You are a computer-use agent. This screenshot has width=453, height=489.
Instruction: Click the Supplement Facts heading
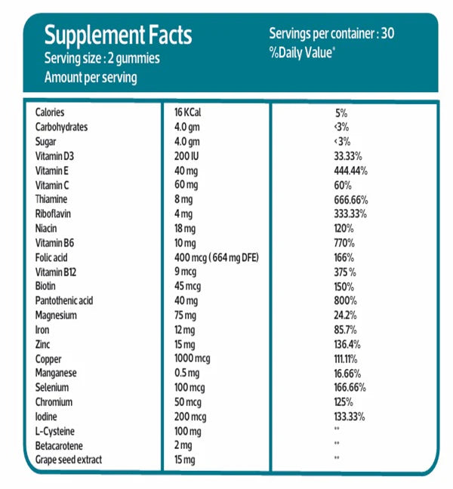coord(118,35)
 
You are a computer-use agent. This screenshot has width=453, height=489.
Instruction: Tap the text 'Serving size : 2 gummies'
coord(102,58)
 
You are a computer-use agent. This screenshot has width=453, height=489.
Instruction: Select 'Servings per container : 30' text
coord(331,33)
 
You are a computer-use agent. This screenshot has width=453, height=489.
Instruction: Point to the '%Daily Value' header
coord(301,54)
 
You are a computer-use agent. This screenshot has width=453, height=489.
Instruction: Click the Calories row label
coord(50,112)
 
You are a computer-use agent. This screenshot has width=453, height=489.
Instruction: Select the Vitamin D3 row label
coord(56,155)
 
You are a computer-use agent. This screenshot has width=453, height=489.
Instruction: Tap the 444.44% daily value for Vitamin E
coord(350,171)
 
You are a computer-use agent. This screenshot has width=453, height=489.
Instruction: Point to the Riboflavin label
coord(54,214)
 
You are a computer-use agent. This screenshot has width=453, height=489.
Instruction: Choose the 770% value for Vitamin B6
coord(344,243)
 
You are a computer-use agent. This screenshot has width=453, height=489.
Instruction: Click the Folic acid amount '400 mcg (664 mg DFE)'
coord(216,257)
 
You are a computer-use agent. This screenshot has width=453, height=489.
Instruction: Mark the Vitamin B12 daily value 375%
coord(346,272)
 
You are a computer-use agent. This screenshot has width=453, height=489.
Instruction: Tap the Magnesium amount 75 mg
coord(186,315)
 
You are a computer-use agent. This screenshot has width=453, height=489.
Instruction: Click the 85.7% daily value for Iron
coord(346,330)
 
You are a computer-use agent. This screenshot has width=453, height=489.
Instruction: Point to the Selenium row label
coord(53,387)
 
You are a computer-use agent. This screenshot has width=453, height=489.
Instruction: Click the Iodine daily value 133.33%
coord(350,417)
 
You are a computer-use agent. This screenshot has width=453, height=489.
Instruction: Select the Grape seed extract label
coord(68,460)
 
